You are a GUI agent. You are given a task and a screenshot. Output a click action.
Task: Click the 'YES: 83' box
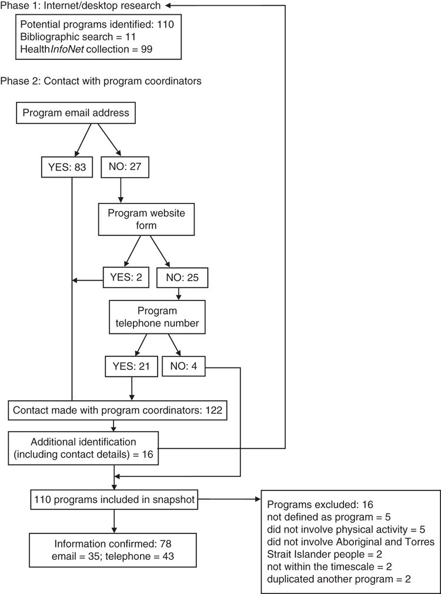tap(66, 166)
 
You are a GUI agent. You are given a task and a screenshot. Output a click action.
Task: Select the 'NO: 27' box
tap(125, 166)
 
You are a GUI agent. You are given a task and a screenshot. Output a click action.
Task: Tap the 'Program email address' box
tap(76, 113)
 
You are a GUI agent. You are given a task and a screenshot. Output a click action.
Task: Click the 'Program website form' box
tap(146, 219)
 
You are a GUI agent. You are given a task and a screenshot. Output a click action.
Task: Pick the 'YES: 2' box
tap(126, 278)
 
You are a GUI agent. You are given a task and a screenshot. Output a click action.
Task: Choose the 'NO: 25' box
tap(182, 278)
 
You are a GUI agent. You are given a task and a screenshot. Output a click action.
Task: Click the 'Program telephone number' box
tap(157, 317)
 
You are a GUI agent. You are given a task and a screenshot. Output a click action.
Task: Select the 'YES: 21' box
tap(131, 366)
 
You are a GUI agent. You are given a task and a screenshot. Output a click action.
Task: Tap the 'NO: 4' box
tap(183, 366)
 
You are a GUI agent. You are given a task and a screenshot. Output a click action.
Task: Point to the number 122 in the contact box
tap(213, 411)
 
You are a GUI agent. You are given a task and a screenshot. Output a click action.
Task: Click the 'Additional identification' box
tap(83, 448)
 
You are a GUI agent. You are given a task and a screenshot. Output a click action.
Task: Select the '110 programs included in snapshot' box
tap(114, 500)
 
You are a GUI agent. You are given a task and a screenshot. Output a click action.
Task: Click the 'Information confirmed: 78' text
tap(113, 544)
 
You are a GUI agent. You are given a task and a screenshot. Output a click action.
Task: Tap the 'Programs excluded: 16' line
tap(320, 505)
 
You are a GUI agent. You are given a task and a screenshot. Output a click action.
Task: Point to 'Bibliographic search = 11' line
tap(78, 36)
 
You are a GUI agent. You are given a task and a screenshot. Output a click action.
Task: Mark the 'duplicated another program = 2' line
tap(339, 579)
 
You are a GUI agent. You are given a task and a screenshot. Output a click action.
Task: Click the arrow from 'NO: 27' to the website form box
tap(121, 190)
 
